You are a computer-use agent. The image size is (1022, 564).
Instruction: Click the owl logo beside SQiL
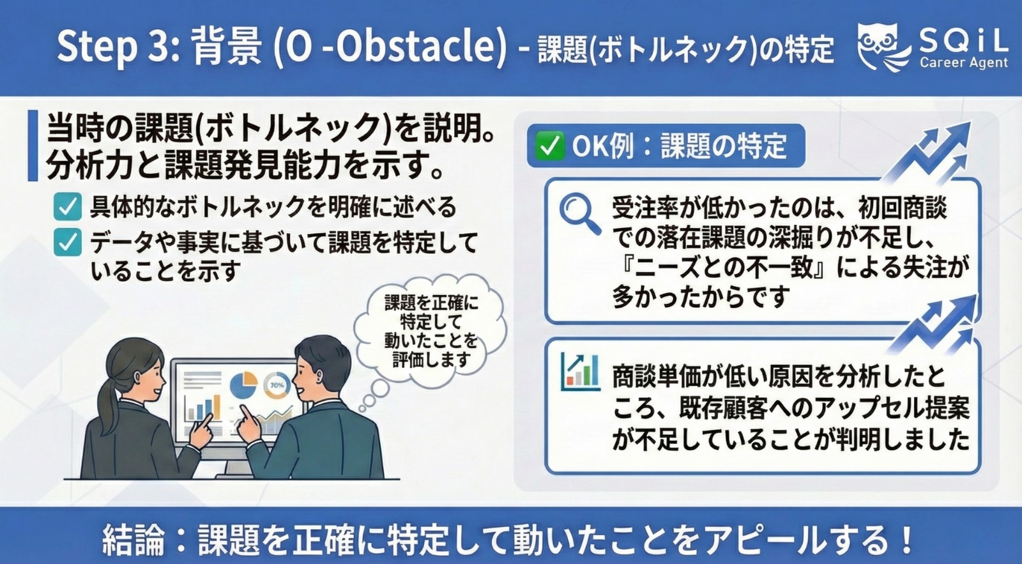(884, 46)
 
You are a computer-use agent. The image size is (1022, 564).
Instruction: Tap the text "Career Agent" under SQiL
(963, 63)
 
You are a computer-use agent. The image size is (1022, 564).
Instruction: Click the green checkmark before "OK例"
(548, 146)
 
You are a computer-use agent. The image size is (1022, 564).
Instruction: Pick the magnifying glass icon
(579, 213)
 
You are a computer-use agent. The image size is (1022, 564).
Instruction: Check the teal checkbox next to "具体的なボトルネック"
(68, 207)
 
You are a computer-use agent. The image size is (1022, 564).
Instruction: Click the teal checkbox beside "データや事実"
(68, 243)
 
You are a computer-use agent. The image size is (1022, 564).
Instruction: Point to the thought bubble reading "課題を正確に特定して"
(431, 331)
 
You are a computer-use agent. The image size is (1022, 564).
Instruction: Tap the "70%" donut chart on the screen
(277, 385)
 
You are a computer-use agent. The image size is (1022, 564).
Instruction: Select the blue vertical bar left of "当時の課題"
(33, 146)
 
